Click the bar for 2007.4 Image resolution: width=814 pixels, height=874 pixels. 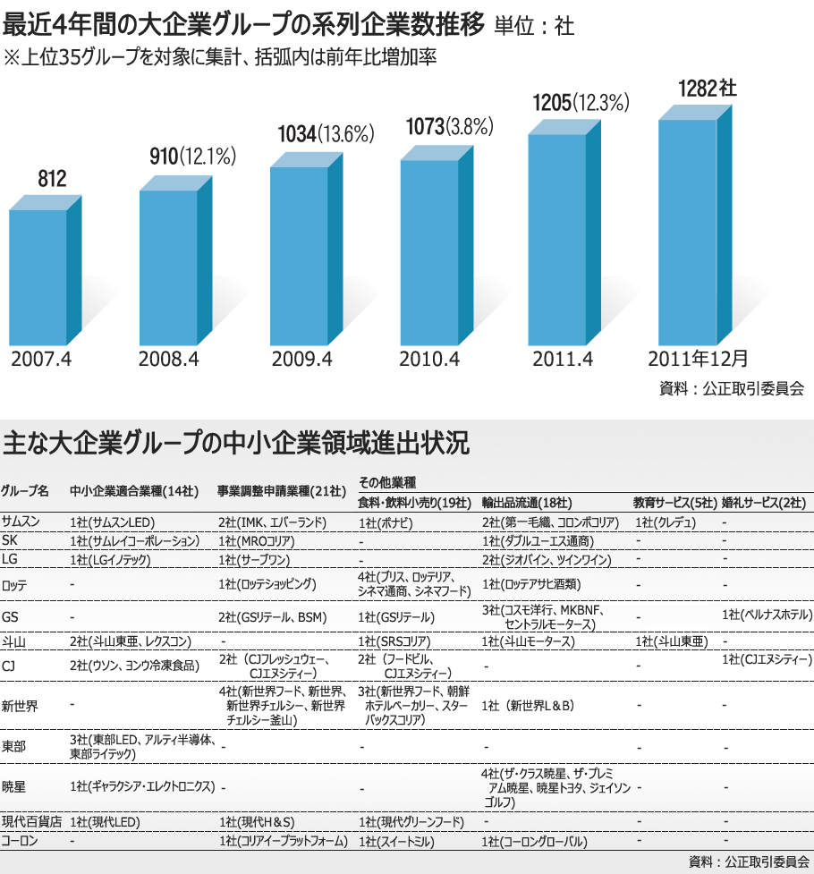coord(38,276)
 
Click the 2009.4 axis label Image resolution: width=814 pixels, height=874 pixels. coord(301,361)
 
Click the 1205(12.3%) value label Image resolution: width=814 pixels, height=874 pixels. coord(582,103)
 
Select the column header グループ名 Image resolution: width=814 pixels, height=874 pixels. coord(26,491)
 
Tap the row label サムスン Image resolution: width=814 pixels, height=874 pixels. coord(20,521)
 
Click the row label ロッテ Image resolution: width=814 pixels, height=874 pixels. coord(15,586)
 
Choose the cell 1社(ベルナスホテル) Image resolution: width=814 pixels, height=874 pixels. coord(767,615)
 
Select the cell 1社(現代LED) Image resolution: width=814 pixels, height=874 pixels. coord(105,821)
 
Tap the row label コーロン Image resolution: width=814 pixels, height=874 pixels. coord(19,841)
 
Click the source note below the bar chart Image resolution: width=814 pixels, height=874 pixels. coord(731,388)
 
